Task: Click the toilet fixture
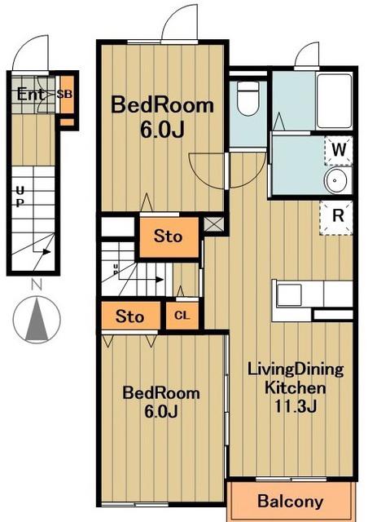pos(248,98)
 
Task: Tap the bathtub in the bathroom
pos(334,101)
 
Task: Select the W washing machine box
pos(339,150)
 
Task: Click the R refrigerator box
pos(336,218)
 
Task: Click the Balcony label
pos(291,502)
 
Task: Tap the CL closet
pos(182,316)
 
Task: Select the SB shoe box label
pos(64,95)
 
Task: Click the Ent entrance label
pos(30,95)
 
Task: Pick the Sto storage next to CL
pos(130,316)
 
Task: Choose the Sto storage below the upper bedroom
pos(169,237)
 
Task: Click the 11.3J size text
pos(295,406)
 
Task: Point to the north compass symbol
pos(37,320)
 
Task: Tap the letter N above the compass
pos(37,285)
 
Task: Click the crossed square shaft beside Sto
pos(213,224)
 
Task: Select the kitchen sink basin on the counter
pos(289,295)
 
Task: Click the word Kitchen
pos(295,388)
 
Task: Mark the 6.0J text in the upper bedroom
pos(162,130)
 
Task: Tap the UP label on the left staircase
pos(20,197)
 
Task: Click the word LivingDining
pos(296,369)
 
